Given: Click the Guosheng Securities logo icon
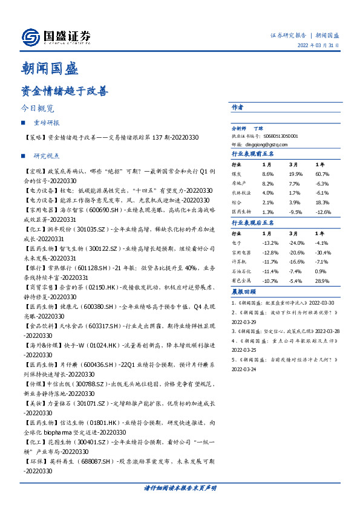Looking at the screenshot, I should pos(31,37).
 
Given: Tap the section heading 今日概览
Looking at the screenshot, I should pos(38,109).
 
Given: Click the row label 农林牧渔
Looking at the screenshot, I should pos(241,193).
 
